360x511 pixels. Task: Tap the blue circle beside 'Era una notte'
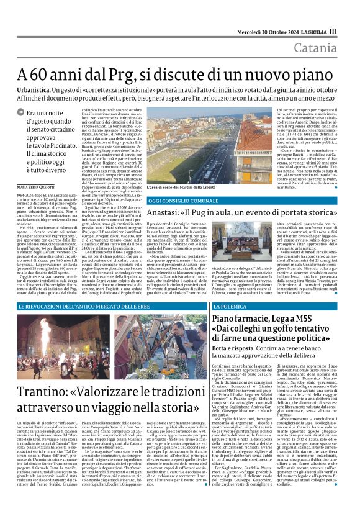[29, 114]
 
